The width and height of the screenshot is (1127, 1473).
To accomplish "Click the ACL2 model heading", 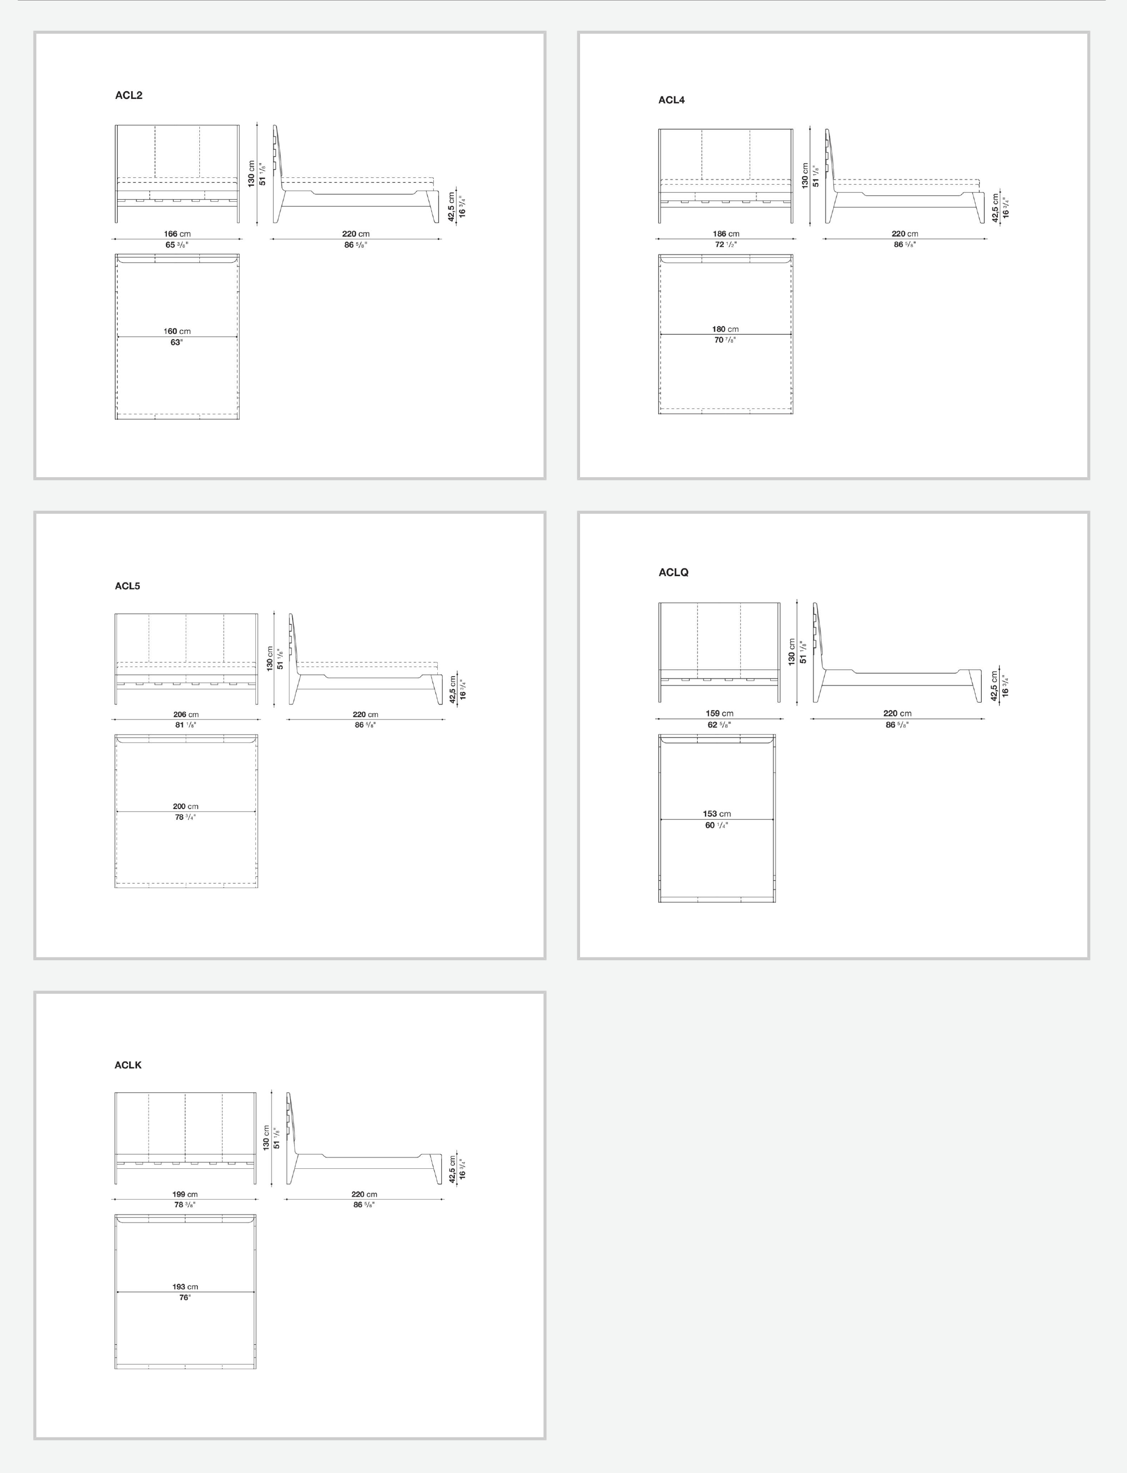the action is (x=128, y=95).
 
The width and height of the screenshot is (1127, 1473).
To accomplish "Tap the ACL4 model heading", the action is (x=672, y=100).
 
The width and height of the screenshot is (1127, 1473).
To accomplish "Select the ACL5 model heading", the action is (x=127, y=585).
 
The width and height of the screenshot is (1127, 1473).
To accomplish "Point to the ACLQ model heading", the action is (x=674, y=572).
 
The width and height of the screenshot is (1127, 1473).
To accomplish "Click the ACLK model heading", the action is (x=128, y=1065).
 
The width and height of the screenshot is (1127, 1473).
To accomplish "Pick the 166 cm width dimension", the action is (x=177, y=234).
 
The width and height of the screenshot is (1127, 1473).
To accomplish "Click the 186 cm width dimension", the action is (x=726, y=234).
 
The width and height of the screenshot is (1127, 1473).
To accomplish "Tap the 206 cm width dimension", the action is (x=186, y=715).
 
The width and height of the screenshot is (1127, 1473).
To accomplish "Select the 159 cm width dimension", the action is (x=719, y=713).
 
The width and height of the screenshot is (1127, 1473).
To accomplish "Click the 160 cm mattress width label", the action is (x=177, y=331).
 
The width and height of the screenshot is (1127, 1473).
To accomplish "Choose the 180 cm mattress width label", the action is (x=725, y=329).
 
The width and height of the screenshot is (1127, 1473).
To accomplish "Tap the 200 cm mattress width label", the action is (x=186, y=806).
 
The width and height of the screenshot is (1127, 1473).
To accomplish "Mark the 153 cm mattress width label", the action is (x=717, y=814).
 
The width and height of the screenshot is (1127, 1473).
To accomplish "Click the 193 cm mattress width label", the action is (x=185, y=1286).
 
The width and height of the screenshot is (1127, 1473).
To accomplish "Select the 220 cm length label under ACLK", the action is (x=364, y=1194).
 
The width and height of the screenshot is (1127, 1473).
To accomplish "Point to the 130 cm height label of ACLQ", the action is (x=792, y=651).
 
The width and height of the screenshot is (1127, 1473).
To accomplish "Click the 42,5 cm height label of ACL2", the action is (x=452, y=207).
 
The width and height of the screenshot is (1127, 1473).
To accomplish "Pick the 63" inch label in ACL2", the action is (x=176, y=342).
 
